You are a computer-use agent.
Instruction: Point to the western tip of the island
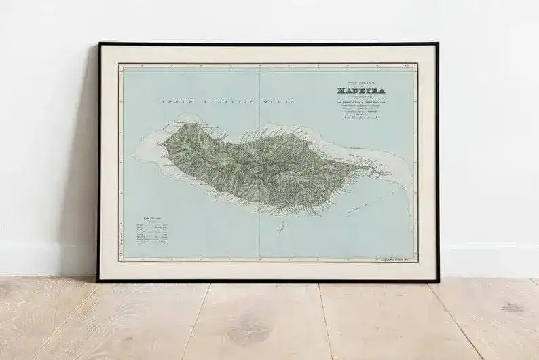tap(157, 144)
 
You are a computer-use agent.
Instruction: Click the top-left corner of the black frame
tap(100, 44)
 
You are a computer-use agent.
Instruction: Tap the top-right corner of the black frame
tap(437, 44)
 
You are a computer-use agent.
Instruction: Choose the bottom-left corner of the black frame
tap(99, 280)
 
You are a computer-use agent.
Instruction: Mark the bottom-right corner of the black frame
tap(437, 280)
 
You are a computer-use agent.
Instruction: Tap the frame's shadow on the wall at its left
tap(87, 170)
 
